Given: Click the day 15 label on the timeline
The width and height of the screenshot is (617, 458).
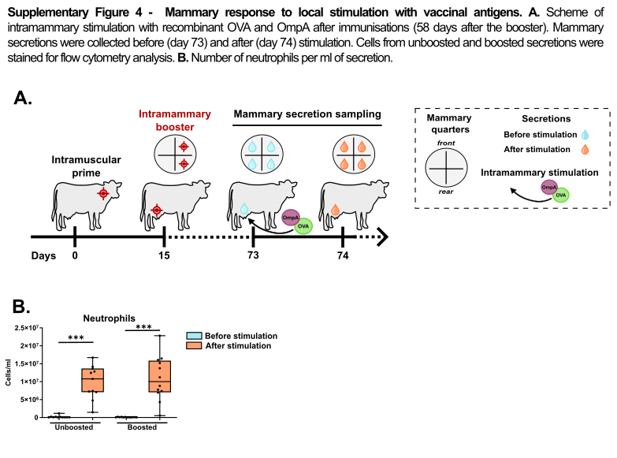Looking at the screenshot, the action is (164, 255).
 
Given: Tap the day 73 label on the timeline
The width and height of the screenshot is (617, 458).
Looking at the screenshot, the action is (253, 255).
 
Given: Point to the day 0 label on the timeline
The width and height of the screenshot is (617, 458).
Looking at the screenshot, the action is (75, 255).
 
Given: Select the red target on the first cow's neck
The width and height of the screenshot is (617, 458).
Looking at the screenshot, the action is (103, 193).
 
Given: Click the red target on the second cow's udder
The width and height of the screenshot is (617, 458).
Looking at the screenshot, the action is (157, 210).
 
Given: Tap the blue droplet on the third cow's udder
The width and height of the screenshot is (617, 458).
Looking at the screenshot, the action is (244, 208).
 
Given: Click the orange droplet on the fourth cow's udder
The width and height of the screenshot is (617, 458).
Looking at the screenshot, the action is (335, 210).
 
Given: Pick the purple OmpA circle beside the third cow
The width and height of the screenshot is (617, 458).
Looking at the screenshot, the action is (291, 218).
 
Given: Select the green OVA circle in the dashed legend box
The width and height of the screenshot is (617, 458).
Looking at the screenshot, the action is (560, 195).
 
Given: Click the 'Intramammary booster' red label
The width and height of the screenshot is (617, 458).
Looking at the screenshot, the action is (175, 121).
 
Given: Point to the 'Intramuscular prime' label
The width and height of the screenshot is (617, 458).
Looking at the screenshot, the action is (86, 166).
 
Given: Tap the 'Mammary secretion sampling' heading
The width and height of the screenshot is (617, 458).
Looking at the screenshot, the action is (307, 114).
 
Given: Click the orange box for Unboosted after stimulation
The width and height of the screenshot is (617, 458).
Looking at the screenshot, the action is (92, 380).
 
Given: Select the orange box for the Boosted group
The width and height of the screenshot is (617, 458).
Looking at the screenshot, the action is (160, 376).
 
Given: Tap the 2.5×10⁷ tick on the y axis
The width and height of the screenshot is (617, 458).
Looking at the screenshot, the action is (27, 328).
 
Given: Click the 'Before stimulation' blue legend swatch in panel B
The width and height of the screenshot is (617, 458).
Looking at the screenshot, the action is (194, 336).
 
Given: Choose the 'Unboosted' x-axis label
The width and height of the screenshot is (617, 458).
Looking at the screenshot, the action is (74, 427).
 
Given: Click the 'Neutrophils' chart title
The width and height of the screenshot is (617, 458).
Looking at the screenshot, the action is (109, 318).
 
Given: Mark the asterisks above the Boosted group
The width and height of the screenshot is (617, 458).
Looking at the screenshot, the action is (143, 327).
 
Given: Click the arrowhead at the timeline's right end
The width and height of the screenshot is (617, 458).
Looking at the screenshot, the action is (383, 236).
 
